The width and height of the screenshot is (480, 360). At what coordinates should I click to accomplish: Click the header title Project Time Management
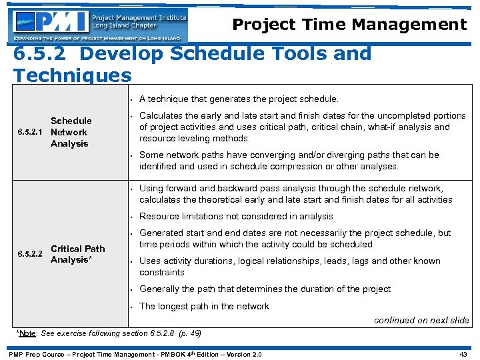click(349, 25)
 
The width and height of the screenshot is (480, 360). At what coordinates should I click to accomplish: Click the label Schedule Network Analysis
click(71, 132)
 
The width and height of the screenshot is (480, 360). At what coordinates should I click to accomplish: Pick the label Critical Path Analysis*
click(77, 254)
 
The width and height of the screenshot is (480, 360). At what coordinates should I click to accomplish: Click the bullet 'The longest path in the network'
click(204, 306)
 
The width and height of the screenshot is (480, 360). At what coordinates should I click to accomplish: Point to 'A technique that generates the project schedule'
click(239, 99)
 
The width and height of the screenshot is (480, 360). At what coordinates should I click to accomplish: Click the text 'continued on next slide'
click(421, 320)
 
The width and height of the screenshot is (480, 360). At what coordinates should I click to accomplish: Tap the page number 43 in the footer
click(463, 353)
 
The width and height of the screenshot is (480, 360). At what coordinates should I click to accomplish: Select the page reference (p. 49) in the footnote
click(187, 333)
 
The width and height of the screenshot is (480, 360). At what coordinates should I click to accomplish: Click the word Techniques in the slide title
click(72, 75)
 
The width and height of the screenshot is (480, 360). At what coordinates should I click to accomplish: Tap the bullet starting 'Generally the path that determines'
click(265, 289)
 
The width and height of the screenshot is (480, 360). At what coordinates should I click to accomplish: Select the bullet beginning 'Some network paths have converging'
click(289, 160)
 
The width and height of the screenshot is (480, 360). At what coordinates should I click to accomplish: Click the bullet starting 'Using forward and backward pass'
click(295, 194)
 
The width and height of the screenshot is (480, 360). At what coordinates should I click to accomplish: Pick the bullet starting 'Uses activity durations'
click(290, 267)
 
